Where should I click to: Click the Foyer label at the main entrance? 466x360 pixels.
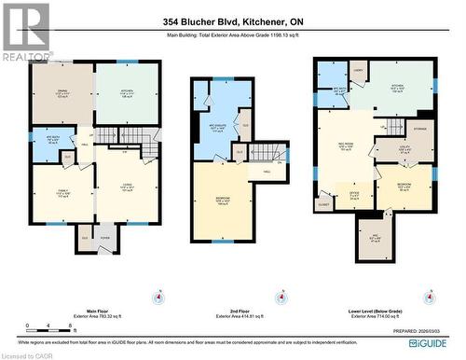tap(105, 238)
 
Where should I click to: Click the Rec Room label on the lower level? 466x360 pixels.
tap(345, 145)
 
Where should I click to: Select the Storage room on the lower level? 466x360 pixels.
tap(418, 131)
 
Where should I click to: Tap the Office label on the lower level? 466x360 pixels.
tap(355, 193)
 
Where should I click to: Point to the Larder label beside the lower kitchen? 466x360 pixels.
tap(357, 70)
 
